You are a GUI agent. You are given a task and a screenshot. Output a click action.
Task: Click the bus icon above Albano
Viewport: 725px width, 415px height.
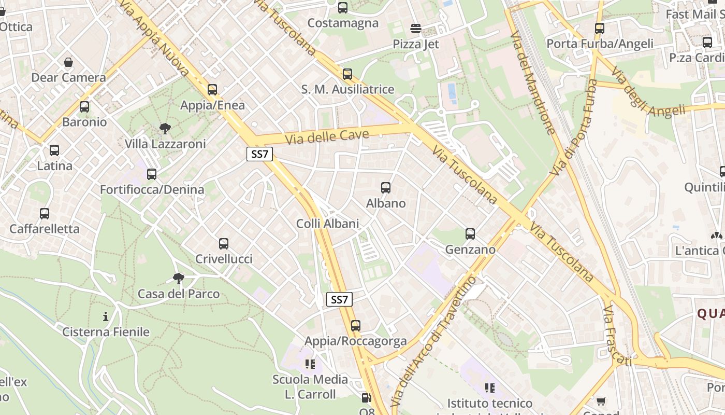[x=386, y=188]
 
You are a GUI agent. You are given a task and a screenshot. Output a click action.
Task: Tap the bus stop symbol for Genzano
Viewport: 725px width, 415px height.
[x=470, y=234]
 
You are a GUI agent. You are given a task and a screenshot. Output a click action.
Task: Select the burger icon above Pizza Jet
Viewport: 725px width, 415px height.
[x=416, y=28]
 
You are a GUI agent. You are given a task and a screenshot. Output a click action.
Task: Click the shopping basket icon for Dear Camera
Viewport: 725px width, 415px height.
[x=68, y=63]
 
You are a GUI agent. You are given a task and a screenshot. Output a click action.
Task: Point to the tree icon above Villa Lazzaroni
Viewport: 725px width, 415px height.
[x=165, y=128]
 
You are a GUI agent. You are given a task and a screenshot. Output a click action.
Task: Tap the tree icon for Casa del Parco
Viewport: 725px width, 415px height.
[x=179, y=279]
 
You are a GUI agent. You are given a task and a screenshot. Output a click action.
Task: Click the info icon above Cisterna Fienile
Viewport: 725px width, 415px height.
[x=106, y=316]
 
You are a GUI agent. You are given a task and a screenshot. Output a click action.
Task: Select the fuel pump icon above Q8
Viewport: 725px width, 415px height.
[x=366, y=398]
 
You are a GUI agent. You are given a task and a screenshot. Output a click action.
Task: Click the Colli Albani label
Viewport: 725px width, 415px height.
[x=327, y=224]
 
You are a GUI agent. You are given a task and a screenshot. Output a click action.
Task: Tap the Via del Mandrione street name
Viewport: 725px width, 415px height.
[x=532, y=83]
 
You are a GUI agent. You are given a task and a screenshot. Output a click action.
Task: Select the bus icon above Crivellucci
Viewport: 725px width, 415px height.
[x=224, y=243]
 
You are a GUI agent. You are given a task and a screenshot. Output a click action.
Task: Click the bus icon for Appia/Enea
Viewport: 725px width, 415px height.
[x=212, y=90]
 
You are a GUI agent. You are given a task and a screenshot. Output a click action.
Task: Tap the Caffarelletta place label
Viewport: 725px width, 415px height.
[x=45, y=229]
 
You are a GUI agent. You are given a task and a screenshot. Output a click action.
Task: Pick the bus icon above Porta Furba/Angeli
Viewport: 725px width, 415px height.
[x=600, y=29]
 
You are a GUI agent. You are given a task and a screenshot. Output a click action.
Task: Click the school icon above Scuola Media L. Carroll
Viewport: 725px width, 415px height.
[x=310, y=364]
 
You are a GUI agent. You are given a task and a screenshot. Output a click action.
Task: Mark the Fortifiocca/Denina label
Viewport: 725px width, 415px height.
[x=152, y=189]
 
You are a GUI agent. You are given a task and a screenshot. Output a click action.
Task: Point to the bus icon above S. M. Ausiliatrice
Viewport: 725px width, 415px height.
[x=347, y=74]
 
